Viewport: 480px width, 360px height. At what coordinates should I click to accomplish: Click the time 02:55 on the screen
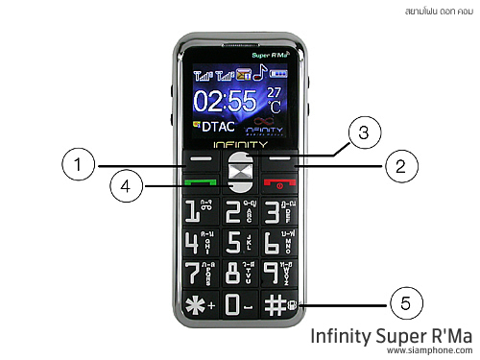point(227,100)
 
